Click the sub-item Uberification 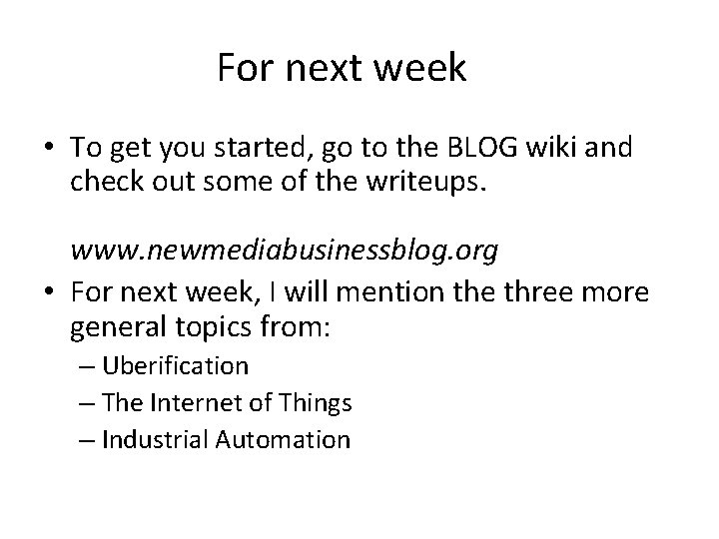tap(174, 366)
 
